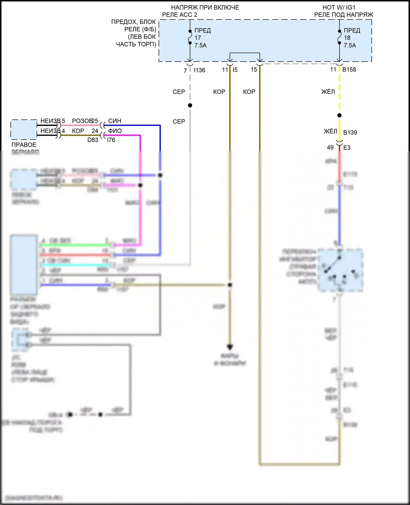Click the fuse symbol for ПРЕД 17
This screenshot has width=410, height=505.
pos(190,37)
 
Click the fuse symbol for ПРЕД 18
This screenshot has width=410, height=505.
pos(339,37)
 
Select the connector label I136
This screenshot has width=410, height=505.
pos(200,70)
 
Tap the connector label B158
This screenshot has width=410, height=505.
pos(349,69)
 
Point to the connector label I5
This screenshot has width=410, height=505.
pos(235,70)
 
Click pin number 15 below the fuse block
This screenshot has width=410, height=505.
pos(254,70)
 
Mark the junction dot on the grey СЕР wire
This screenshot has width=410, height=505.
pos(190,105)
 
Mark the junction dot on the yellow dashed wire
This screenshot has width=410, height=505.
pos(339,115)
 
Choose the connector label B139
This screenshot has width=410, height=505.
pos(350,132)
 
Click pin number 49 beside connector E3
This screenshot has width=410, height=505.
pos(330,147)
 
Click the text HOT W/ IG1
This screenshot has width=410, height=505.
pos(339,7)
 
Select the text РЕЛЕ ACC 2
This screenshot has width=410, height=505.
pos(180,15)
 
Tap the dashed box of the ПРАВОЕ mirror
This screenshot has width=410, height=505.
pos(24,129)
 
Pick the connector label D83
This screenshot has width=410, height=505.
pos(93,140)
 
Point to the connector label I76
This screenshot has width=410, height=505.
pos(111,140)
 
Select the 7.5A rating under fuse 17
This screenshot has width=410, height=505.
pos(200,45)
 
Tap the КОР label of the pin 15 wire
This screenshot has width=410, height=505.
pos(249,92)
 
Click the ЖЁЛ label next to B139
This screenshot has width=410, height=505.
pos(330,132)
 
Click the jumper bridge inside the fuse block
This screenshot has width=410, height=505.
pos(245,53)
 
